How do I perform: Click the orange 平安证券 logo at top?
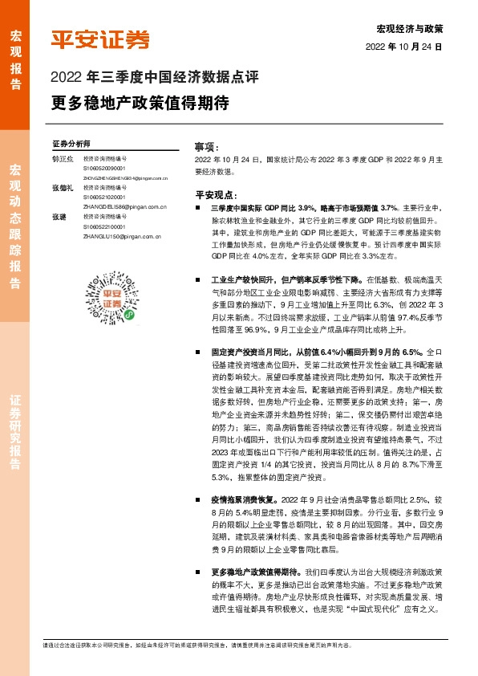100,40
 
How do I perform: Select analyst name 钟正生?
63,160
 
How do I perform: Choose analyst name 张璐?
59,216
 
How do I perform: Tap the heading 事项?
206,148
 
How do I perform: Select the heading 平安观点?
216,194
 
